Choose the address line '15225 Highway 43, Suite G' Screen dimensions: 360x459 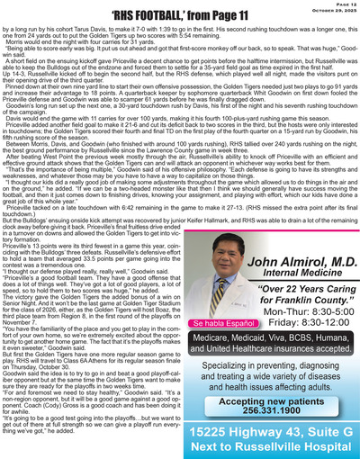271,428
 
